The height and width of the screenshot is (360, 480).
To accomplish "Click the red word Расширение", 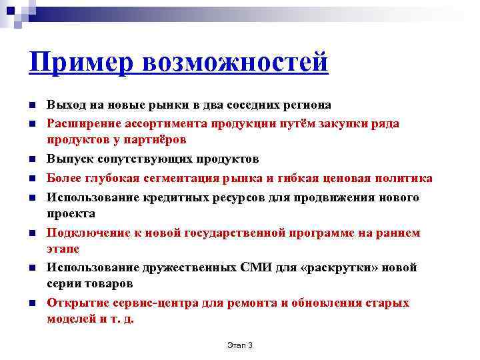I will tap(79, 123).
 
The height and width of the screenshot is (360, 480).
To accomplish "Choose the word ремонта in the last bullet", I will tap(252, 303).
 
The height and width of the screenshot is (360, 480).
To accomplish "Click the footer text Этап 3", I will tap(239, 345).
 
